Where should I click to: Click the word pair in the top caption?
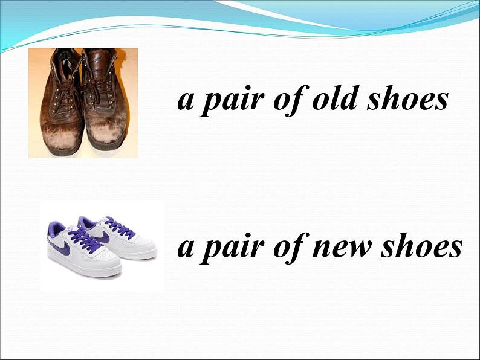(x=232, y=101)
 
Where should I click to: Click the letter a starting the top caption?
(x=185, y=101)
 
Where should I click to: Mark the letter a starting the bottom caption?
(x=185, y=248)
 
